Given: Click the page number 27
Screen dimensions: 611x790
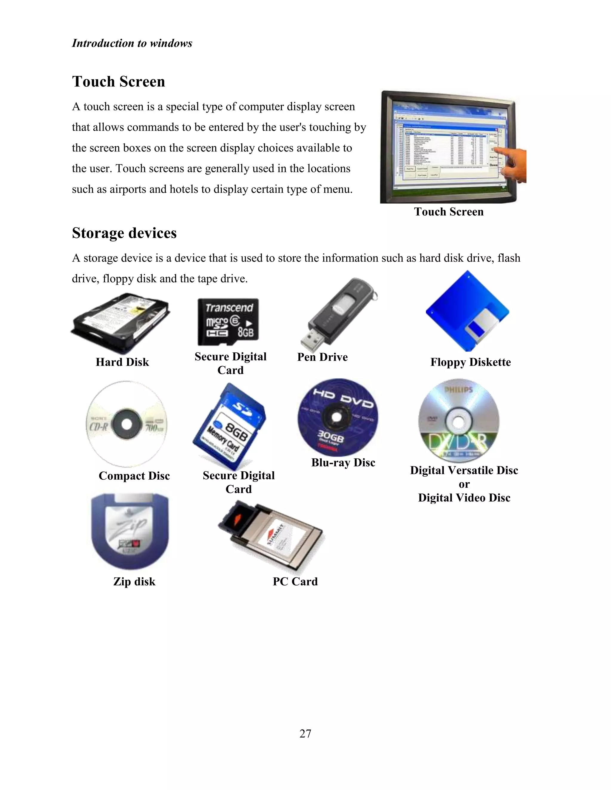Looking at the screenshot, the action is click(305, 733).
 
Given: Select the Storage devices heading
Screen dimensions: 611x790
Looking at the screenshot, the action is click(124, 233).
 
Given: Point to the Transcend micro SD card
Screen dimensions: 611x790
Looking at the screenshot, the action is click(228, 322).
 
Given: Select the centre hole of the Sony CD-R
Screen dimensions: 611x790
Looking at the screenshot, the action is click(126, 424).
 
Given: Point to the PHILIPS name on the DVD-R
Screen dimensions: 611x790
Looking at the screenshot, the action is click(458, 390).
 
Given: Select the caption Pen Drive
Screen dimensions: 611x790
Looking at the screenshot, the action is click(322, 357).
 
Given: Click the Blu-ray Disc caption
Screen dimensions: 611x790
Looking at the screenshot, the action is click(343, 462).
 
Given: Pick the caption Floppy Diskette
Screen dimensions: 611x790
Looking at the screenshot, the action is click(470, 362).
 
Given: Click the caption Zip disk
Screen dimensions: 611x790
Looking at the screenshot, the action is click(134, 581).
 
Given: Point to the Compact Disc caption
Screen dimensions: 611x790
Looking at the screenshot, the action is click(134, 476).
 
